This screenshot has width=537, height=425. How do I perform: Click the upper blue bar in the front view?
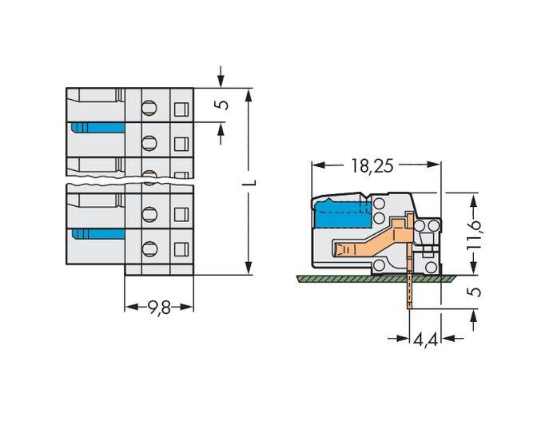pyautogui.click(x=97, y=128)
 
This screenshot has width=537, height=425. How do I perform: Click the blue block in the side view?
pyautogui.click(x=340, y=214)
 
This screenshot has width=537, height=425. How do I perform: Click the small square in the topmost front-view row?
pyautogui.click(x=181, y=108)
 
